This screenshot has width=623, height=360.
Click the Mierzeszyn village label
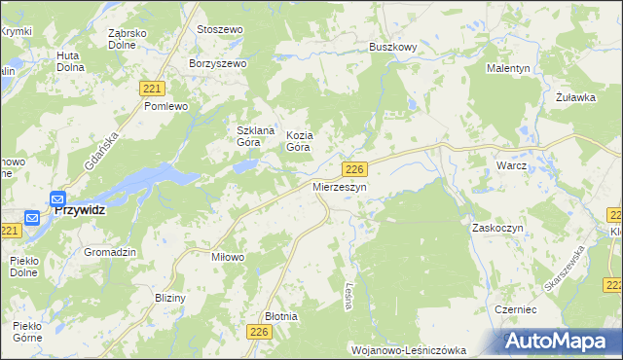[x=339, y=186]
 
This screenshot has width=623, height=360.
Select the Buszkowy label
[x=392, y=46]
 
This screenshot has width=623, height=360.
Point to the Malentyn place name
[x=509, y=68]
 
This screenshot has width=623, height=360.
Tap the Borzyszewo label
[x=219, y=62]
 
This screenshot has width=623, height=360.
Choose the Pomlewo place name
[x=165, y=105]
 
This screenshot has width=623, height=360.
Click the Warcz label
[x=511, y=165]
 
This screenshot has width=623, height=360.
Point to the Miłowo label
[x=227, y=257]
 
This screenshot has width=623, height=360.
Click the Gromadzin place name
[x=109, y=252]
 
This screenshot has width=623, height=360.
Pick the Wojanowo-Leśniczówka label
[x=408, y=349]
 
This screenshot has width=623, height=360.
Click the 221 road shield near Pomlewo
[x=151, y=88]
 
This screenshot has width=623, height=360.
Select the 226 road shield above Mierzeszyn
[x=355, y=169]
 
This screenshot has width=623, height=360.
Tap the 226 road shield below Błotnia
[x=258, y=333]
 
